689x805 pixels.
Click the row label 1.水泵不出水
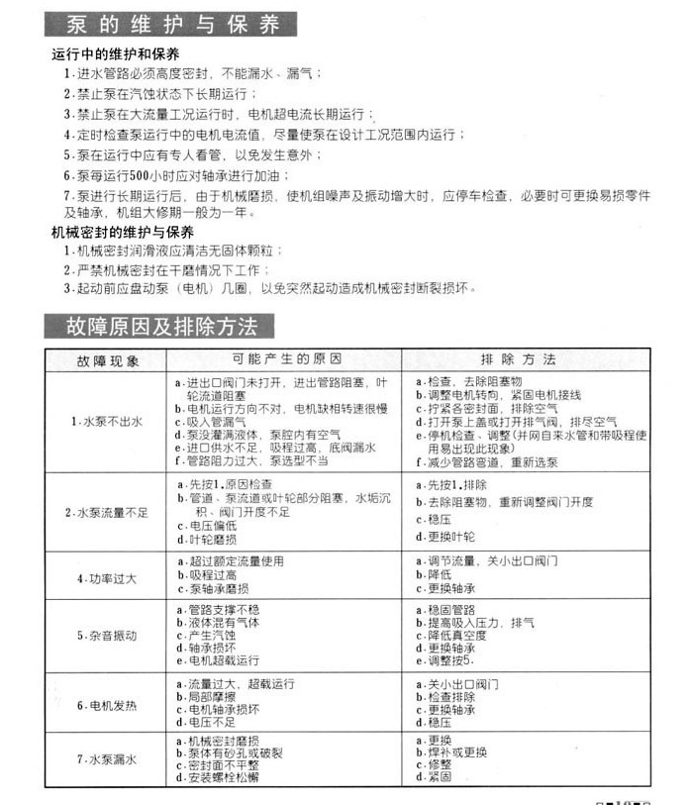[x=106, y=422]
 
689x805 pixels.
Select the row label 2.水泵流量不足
[x=106, y=512]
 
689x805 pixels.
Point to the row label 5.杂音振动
[x=107, y=635]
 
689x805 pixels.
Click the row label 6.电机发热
[x=107, y=705]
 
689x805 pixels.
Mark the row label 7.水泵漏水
[x=107, y=758]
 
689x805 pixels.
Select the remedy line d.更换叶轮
[x=444, y=538]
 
